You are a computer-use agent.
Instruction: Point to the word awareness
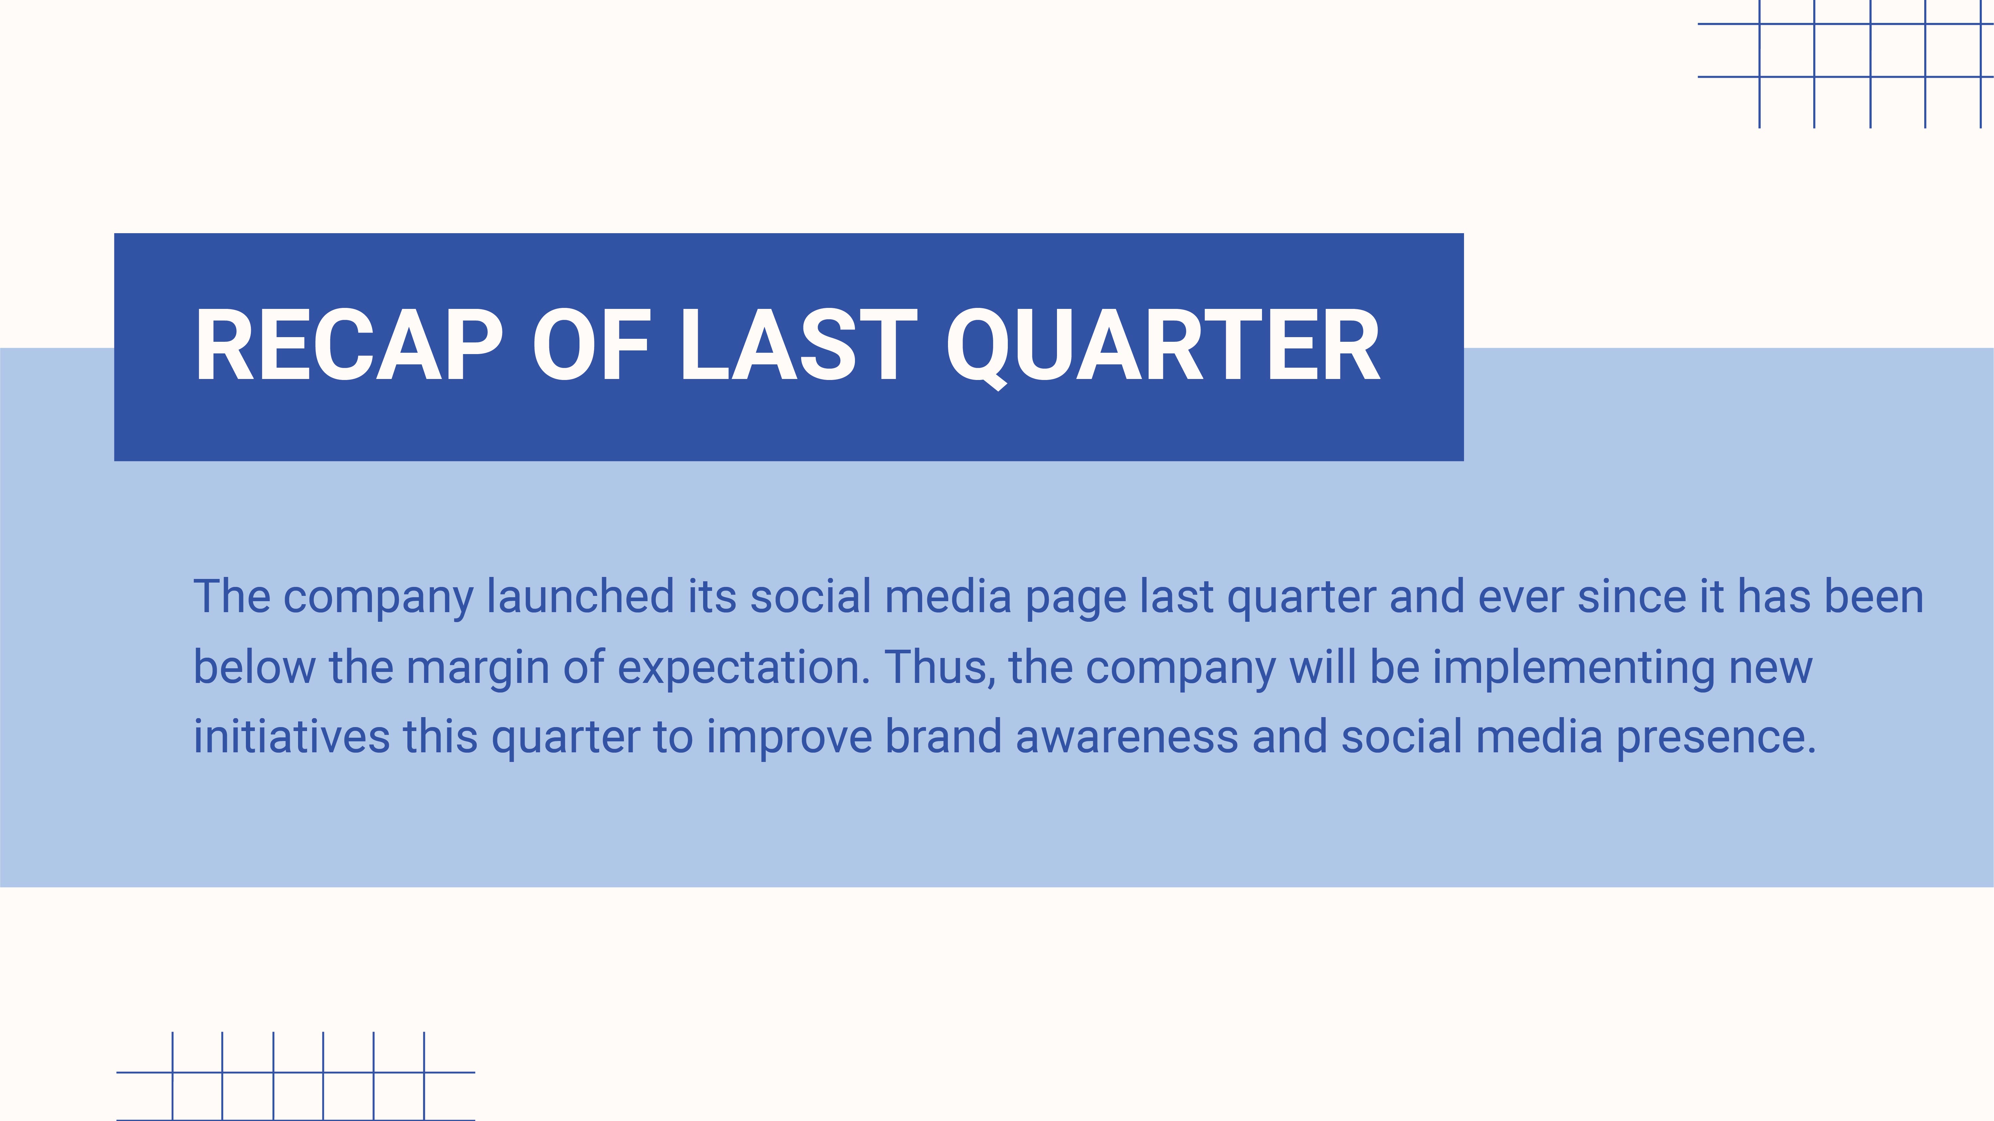pos(1127,736)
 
